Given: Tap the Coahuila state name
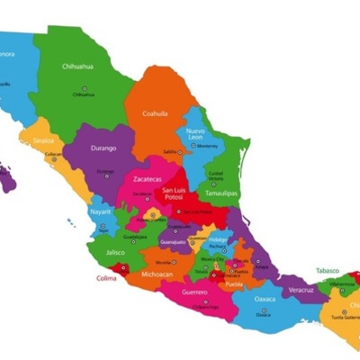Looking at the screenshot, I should pos(157,113).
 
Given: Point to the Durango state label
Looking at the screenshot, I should pos(104,146).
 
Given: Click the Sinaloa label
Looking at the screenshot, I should pos(43,140).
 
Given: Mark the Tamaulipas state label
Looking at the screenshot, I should pos(220,193).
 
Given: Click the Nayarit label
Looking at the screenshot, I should pos(101,211).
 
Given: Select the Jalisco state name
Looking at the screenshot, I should pos(114,253).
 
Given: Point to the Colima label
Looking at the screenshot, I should pos(107,278).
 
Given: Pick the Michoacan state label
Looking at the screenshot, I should pos(158,272).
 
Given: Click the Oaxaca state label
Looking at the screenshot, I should pos(265,298).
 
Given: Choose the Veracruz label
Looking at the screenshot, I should pos(301,290).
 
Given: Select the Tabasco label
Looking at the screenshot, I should pos(328,269).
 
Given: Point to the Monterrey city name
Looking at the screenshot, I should pos(209,146).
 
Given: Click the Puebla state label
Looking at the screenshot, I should pos(235,283).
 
